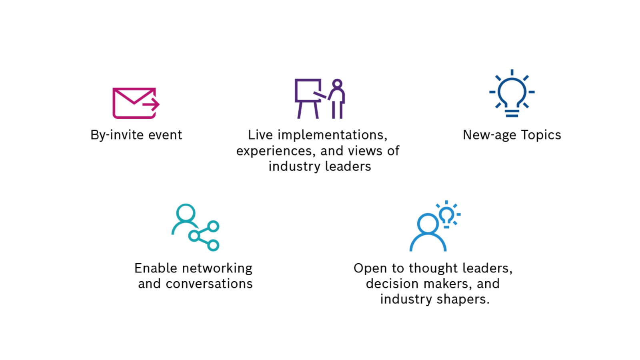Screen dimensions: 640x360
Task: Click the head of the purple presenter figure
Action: point(338,84)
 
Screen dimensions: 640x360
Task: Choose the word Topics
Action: point(541,135)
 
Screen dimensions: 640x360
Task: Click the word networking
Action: point(217,268)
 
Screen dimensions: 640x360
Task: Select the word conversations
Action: point(209,284)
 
